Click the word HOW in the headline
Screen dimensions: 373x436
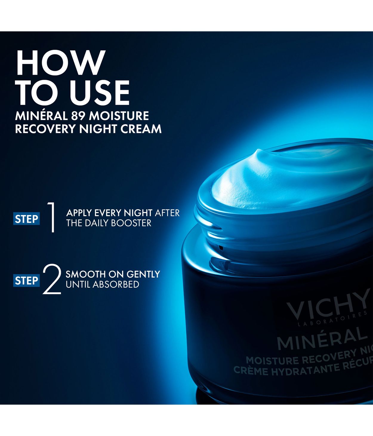[x=61, y=63]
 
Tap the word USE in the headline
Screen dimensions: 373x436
[x=101, y=93]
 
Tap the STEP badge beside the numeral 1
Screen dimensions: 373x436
[x=27, y=219]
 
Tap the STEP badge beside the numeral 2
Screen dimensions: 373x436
[x=27, y=280]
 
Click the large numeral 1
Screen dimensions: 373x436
[x=51, y=217]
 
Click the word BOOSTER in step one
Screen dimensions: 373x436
[x=131, y=223]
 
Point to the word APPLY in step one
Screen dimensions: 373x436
[x=79, y=213]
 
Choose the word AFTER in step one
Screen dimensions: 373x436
[x=167, y=213]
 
